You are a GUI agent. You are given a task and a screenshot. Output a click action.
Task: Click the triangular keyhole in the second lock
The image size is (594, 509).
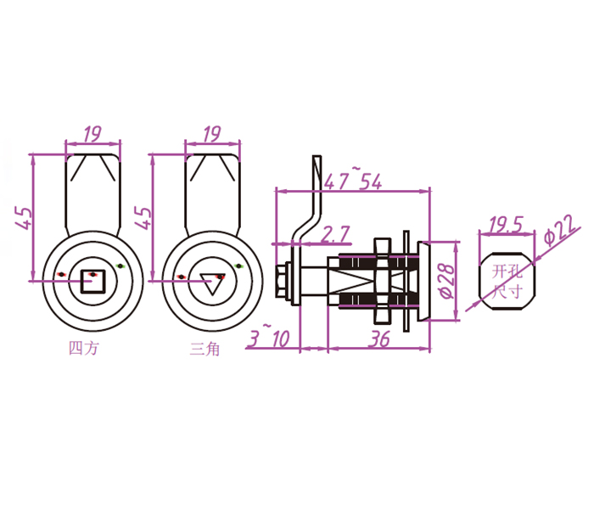point(210,282)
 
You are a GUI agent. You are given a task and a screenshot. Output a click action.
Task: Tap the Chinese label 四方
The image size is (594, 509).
point(82,348)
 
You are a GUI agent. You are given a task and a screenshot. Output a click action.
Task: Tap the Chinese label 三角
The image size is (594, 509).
point(205,348)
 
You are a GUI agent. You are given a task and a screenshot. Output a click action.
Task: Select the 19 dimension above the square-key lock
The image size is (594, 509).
point(92,134)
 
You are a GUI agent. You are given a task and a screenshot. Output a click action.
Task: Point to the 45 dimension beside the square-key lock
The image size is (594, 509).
point(23,218)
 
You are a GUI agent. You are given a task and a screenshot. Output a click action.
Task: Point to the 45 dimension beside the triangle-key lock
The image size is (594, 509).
point(143,218)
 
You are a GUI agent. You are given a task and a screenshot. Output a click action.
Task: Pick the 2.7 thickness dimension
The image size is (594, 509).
point(336,233)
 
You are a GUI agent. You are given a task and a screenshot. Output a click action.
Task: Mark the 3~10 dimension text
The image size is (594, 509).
point(270,337)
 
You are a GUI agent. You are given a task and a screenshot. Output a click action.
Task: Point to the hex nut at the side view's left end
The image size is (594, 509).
point(282,281)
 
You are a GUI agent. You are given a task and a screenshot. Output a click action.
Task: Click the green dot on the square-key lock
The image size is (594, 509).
point(120,267)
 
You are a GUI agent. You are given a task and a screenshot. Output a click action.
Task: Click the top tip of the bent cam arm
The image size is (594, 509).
point(317,159)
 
